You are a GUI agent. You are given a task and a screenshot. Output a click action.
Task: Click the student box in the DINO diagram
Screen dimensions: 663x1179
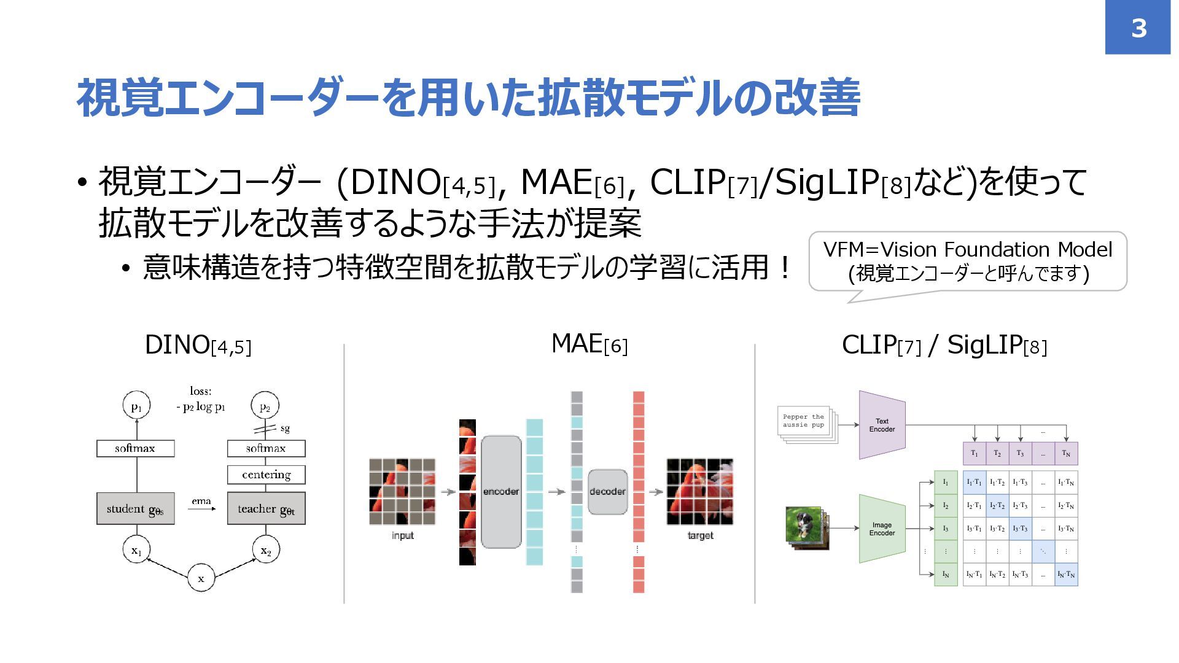click(135, 508)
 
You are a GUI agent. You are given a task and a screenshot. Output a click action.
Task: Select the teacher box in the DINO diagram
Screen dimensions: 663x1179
click(266, 508)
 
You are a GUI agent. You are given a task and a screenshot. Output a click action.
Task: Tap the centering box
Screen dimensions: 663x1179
click(266, 475)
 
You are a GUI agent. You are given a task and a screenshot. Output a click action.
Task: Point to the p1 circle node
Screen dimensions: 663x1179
click(136, 406)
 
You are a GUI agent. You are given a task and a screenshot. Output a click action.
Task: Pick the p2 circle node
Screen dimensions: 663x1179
click(265, 406)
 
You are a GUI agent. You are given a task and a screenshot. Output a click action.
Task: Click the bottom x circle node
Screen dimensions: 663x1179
click(201, 578)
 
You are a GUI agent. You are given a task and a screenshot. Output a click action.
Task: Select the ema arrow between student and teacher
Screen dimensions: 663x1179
click(201, 508)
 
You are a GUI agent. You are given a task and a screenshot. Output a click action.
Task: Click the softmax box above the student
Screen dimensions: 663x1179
click(135, 448)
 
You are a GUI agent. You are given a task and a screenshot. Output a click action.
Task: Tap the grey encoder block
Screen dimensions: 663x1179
click(501, 491)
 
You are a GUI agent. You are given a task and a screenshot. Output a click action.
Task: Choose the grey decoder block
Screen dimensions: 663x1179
click(607, 491)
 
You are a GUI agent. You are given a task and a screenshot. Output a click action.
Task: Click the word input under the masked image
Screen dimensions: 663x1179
click(403, 535)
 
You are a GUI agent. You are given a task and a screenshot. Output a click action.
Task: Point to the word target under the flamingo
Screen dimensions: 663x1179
click(700, 535)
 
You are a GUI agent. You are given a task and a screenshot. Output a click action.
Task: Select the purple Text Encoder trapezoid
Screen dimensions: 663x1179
click(882, 425)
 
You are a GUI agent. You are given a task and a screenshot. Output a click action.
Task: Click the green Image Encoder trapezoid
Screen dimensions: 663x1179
click(882, 529)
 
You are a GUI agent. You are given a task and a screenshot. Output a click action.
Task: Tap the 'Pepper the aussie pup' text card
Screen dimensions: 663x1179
click(803, 421)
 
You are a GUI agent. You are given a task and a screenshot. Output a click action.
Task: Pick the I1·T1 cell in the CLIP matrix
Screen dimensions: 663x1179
click(974, 483)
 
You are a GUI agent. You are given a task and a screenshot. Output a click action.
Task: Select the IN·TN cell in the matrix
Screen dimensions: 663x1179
click(1066, 575)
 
